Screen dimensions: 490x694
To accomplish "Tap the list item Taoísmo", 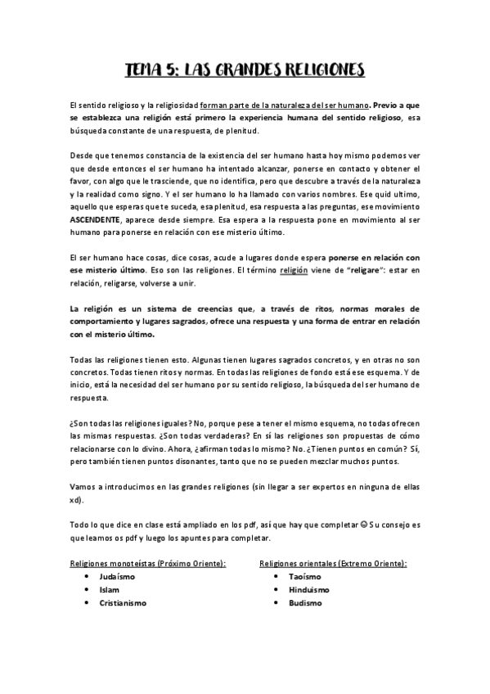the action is click(305, 576).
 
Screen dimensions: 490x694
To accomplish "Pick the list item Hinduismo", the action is click(310, 589).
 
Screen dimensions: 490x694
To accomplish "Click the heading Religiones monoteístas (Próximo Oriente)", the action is click(148, 563).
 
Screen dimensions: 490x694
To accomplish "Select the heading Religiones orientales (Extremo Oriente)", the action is click(333, 563).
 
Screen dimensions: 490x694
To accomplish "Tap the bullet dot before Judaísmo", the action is click(87, 576).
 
